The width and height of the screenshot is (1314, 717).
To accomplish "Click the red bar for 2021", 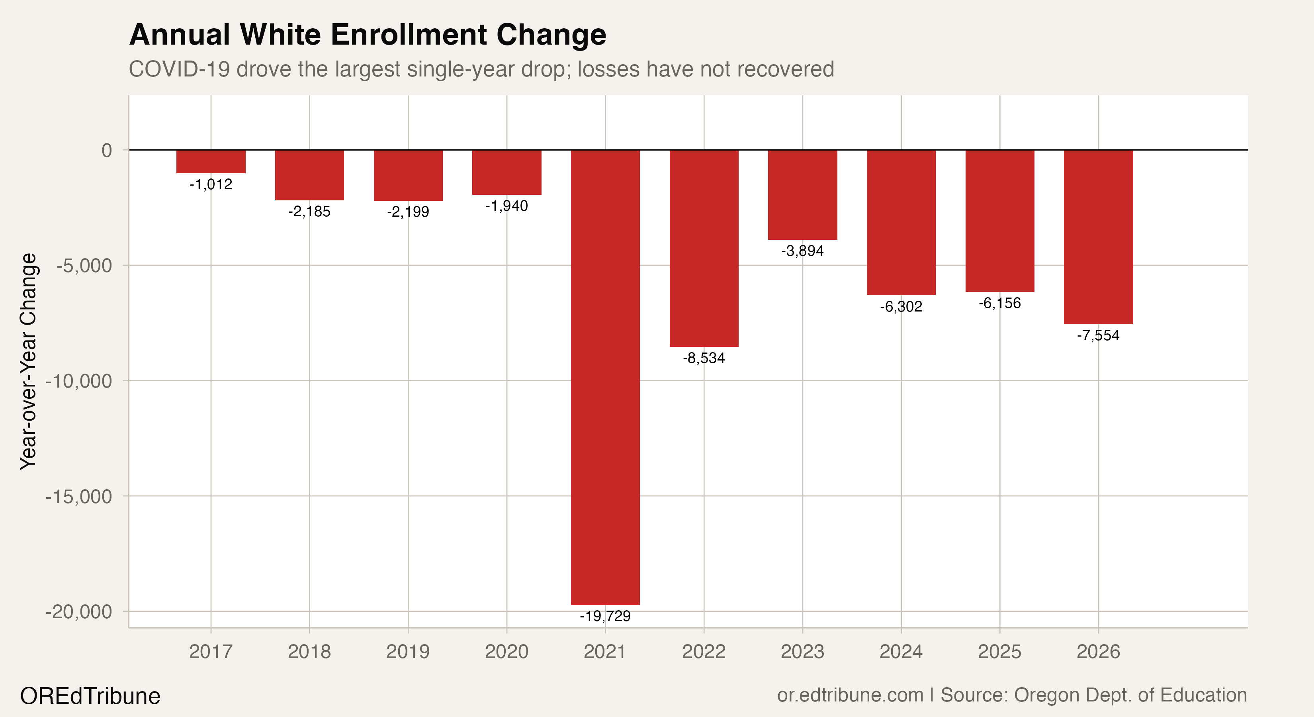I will point(605,378).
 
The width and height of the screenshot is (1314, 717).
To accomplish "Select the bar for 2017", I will point(211,161).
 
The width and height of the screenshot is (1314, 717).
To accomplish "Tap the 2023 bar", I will point(802,194).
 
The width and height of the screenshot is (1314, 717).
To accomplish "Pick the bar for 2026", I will point(1098,237).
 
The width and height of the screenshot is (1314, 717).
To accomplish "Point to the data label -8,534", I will point(704,358).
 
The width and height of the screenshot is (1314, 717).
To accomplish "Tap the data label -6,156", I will point(999,303).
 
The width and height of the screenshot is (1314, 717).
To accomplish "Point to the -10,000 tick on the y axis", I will point(78,381).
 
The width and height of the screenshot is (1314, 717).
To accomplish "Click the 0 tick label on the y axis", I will point(107,151).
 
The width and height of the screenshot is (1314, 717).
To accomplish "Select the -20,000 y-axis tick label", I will point(78,611).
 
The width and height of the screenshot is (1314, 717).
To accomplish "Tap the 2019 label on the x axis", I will point(408,652).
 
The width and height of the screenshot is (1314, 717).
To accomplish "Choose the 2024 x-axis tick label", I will point(901,652).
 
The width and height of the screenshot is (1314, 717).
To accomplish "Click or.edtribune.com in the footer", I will point(850,695).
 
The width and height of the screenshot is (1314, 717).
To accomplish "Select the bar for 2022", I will point(704,248).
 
